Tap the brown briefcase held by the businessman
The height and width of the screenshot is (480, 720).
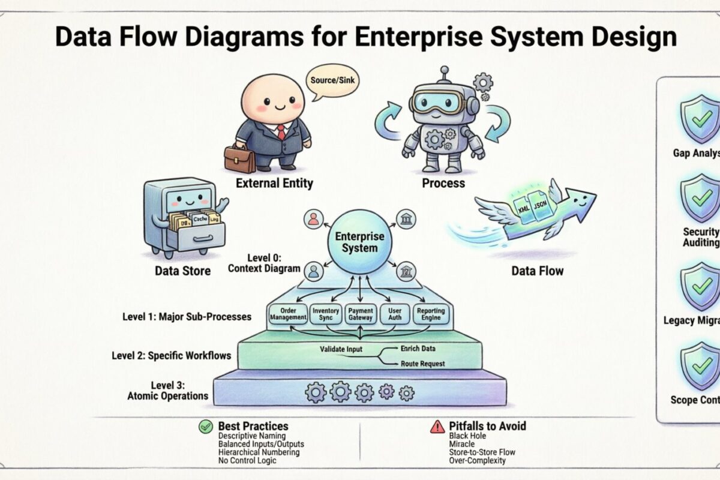[x=239, y=158]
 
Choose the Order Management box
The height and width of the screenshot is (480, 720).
[x=289, y=314]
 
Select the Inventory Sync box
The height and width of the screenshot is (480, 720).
[x=326, y=314]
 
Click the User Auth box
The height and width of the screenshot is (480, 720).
[x=395, y=314]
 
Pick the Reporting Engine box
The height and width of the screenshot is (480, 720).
[x=431, y=314]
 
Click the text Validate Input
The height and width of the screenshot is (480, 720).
[x=341, y=349]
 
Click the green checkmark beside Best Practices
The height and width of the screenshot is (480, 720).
[x=206, y=427]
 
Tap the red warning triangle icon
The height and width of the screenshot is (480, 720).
[x=437, y=427]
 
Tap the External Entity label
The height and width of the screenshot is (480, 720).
[x=274, y=183]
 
